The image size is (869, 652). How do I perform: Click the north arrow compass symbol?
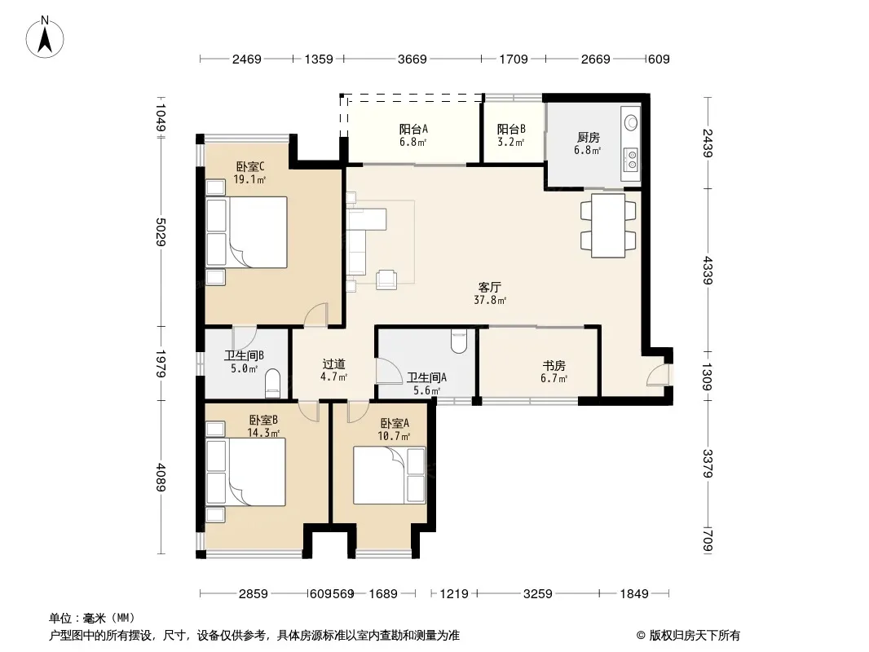click(45, 37)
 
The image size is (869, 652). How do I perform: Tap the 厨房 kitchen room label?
click(588, 143)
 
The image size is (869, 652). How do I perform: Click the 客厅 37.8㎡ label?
click(490, 293)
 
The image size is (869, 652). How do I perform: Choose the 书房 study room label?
click(554, 372)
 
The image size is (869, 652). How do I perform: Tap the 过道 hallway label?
click(333, 370)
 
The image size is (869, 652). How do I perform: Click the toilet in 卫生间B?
click(273, 383)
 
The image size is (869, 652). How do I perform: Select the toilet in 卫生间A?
click(460, 341)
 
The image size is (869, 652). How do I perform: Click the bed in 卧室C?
click(247, 232)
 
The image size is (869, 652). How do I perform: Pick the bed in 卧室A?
click(390, 475)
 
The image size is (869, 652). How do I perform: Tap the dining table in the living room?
click(608, 226)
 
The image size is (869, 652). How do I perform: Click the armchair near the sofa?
click(386, 280)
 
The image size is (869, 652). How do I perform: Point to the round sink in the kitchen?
click(631, 121)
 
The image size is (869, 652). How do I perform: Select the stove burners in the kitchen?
click(631, 160)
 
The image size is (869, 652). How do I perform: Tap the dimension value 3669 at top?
click(412, 59)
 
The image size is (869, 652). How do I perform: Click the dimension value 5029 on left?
click(161, 232)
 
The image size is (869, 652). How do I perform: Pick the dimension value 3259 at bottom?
click(537, 594)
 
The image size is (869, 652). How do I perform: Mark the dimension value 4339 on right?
click(708, 271)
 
